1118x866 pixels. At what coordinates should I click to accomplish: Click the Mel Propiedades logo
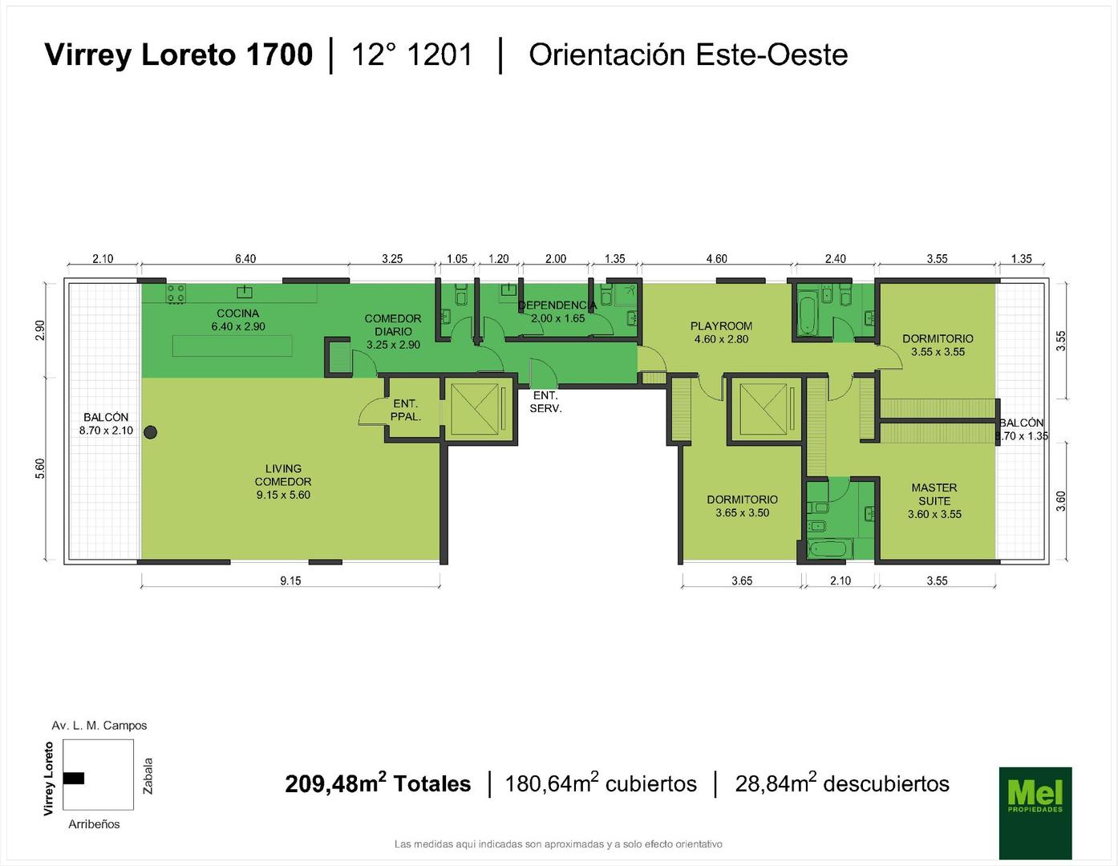click(x=1035, y=812)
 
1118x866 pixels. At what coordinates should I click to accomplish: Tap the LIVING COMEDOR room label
click(x=283, y=481)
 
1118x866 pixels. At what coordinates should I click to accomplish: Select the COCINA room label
click(x=237, y=319)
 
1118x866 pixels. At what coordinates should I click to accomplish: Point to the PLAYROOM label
click(x=721, y=332)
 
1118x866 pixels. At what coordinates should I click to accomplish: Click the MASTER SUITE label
click(x=934, y=500)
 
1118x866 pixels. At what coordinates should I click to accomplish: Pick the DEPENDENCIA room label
click(x=557, y=312)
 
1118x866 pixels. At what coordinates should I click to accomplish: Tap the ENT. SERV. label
click(x=545, y=403)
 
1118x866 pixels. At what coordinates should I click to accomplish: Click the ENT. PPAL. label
click(x=406, y=411)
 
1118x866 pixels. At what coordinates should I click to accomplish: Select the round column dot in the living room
click(x=150, y=432)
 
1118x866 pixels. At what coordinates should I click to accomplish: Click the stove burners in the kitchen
click(x=176, y=293)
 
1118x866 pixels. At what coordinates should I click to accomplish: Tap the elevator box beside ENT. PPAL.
click(x=479, y=410)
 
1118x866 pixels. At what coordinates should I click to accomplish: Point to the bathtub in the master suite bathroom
click(x=830, y=548)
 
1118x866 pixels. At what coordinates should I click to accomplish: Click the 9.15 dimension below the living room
click(x=290, y=581)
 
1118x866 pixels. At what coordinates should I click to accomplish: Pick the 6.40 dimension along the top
click(x=245, y=259)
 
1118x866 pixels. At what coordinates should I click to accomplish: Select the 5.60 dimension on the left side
click(x=40, y=468)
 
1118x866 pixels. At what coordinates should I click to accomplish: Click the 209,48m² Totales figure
click(x=378, y=783)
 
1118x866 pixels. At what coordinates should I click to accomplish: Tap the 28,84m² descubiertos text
click(x=842, y=783)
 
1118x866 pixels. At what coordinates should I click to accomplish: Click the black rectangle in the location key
click(x=74, y=778)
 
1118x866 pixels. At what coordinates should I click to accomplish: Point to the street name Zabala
click(x=148, y=776)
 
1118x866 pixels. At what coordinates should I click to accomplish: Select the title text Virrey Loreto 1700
click(x=179, y=55)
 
